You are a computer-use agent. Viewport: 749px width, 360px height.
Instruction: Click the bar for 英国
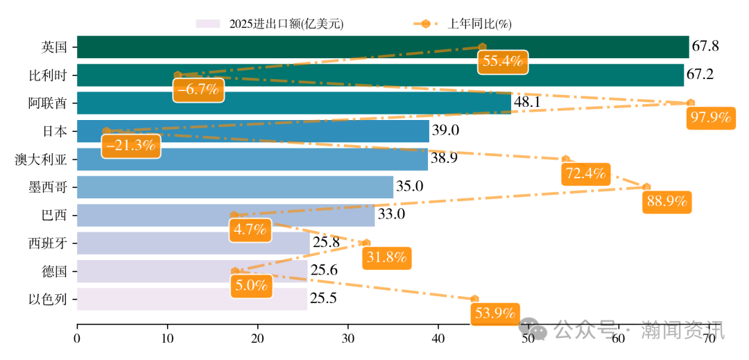(382, 47)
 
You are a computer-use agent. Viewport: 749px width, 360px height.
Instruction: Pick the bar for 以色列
(191, 299)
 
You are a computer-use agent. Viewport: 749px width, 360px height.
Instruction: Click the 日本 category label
(55, 131)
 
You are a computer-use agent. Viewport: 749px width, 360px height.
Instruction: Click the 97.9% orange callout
(710, 118)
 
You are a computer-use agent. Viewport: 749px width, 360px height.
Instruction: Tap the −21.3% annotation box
(131, 146)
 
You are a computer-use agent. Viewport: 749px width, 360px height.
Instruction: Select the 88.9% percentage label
(666, 202)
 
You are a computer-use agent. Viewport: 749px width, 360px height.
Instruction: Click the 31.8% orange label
(386, 258)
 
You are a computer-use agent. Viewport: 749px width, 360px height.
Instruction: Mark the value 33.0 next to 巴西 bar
(391, 214)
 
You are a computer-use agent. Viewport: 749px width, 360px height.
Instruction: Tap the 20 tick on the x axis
(257, 338)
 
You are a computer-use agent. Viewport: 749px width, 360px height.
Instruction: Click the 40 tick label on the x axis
(438, 338)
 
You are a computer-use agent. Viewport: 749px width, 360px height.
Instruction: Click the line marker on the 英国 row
(483, 46)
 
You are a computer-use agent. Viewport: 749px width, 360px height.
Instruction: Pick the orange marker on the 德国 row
(235, 271)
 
